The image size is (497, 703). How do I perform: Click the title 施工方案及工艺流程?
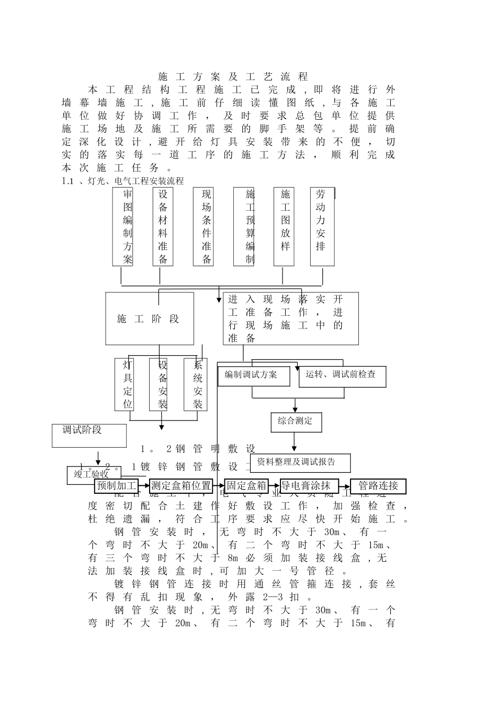point(233,77)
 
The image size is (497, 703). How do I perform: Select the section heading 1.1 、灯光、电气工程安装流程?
point(123,181)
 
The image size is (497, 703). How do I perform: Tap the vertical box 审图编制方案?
point(123,226)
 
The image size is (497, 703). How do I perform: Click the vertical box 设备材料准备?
point(163,226)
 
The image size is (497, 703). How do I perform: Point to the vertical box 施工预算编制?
point(244,226)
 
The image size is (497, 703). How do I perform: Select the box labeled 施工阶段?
point(150,319)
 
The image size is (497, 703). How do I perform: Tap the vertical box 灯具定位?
point(125,384)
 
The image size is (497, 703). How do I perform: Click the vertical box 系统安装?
point(196,384)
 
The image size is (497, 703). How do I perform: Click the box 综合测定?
point(296,422)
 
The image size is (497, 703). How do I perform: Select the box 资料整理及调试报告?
point(300,462)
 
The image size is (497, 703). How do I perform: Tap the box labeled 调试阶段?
point(89,435)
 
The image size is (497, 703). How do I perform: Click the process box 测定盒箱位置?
point(181,486)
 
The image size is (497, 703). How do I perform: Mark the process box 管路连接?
point(378,486)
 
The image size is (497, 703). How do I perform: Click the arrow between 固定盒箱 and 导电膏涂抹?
point(275,486)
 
